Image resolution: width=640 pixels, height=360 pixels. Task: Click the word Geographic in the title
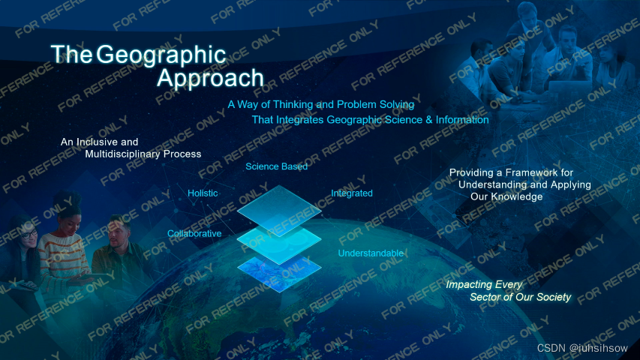coord(161,55)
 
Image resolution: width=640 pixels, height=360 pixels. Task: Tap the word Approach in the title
coord(210,78)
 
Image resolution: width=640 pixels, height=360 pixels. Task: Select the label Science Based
coord(276,166)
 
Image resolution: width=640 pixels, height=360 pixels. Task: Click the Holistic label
coord(203,193)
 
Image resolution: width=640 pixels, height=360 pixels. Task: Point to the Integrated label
coord(351,193)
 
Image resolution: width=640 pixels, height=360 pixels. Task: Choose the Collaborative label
coord(194,233)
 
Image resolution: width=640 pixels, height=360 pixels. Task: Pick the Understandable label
coord(371,253)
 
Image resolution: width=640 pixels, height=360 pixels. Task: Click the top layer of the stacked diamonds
coord(279,210)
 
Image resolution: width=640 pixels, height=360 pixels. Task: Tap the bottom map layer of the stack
coord(279,274)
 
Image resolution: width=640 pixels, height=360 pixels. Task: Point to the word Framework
coord(535,172)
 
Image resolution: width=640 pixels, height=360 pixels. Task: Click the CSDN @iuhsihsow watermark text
coord(582,348)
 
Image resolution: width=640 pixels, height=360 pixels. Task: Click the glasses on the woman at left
coord(29,234)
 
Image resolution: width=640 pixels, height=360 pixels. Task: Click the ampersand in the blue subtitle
coord(429,120)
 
